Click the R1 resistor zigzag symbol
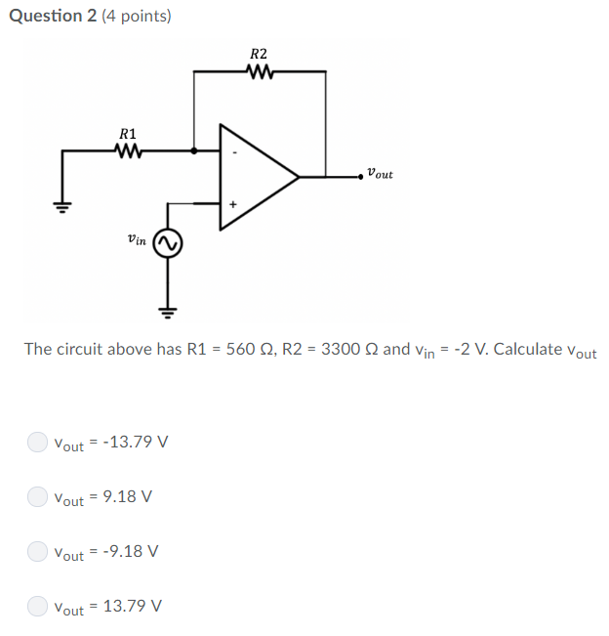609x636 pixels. point(128,151)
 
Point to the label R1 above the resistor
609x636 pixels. point(128,133)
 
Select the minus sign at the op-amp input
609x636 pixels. point(234,152)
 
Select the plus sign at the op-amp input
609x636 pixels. point(234,204)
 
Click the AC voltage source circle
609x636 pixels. point(168,243)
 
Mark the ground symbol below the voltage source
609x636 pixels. point(168,312)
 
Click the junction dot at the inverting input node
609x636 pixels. point(194,151)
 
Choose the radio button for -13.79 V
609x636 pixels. point(36,442)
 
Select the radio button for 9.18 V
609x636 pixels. point(36,496)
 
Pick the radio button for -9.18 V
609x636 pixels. point(36,551)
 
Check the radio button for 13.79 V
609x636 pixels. point(36,606)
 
